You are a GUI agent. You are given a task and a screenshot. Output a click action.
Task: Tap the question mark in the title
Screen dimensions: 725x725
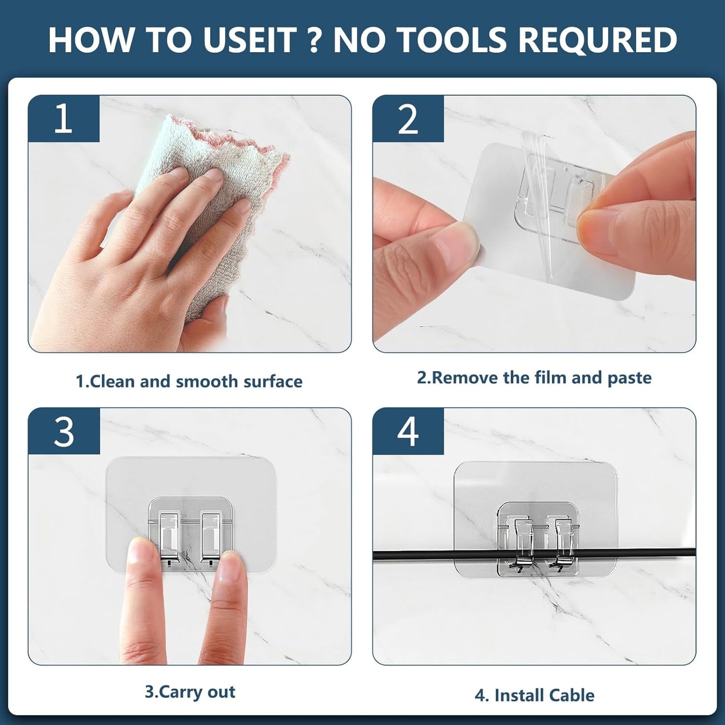314,40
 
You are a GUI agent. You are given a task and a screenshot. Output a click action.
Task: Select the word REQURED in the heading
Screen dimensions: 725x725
597,40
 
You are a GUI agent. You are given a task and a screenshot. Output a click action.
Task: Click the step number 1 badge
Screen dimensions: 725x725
63,118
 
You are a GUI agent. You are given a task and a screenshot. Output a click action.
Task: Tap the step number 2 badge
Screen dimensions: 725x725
408,119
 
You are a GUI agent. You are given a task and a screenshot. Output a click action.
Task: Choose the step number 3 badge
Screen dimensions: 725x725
64,431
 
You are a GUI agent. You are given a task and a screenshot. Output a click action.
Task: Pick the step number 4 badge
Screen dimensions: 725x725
408,431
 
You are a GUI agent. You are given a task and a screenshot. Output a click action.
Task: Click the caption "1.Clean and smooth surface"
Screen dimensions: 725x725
189,381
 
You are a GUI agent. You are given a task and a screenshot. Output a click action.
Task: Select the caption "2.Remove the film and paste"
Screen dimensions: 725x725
534,378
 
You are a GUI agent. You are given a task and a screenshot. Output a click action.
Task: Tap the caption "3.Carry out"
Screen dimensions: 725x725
190,692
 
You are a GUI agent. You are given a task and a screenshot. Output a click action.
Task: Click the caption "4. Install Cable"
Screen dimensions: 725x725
534,695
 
